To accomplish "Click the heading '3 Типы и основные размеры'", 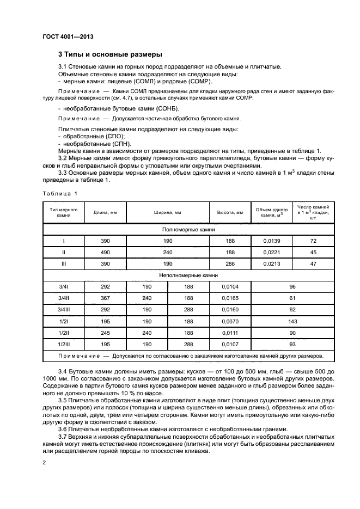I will [110, 54].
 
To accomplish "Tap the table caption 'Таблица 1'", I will [60, 194].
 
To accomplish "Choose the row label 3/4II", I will [64, 298].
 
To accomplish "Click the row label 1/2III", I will [64, 344].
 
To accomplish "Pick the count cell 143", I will [292, 321].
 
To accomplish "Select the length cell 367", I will [106, 298].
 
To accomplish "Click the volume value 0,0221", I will [271, 253].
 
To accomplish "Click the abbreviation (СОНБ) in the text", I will [130, 109].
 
